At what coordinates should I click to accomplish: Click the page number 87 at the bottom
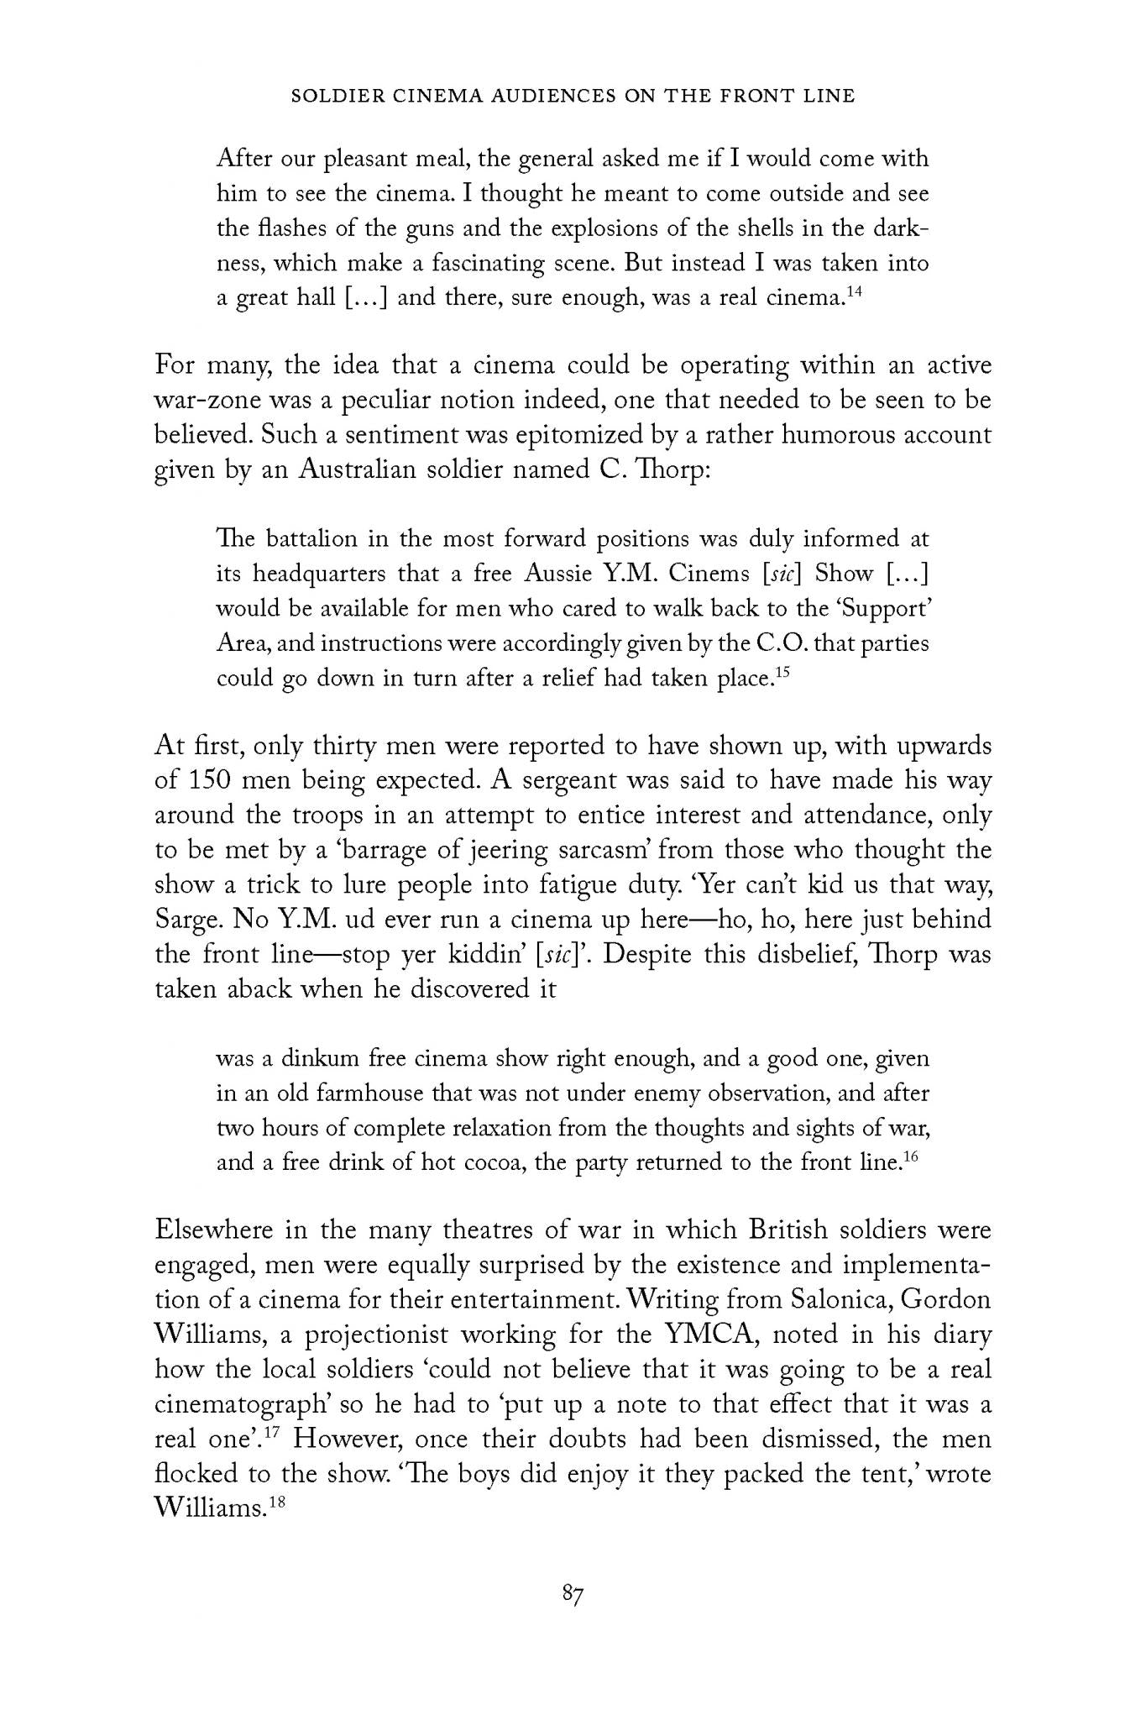[x=573, y=1594]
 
